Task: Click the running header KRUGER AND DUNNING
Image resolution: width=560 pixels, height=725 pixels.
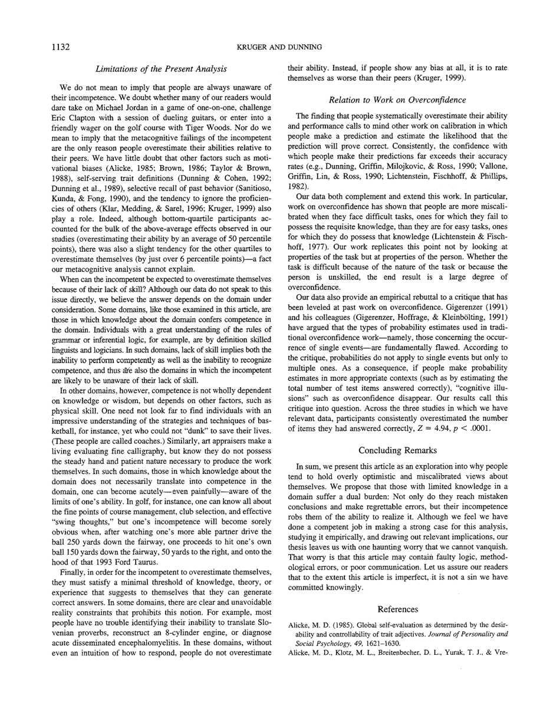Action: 279,47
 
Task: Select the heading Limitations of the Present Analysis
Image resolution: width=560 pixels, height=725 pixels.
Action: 161,69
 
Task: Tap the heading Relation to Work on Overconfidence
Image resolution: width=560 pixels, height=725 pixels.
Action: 397,100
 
